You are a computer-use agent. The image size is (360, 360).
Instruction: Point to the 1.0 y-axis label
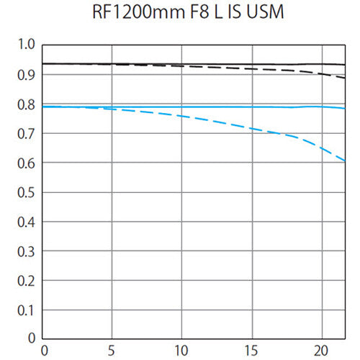27,45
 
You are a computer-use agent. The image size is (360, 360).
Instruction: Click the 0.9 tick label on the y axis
27,75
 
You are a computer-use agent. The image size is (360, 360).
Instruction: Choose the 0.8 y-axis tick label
27,104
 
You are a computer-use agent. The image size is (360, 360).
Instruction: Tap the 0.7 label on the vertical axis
27,134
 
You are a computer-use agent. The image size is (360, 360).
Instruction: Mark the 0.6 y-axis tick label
27,163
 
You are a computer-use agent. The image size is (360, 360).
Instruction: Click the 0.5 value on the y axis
27,192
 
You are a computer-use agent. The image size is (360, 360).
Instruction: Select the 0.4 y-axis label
27,222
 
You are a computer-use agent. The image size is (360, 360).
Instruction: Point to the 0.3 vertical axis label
27,251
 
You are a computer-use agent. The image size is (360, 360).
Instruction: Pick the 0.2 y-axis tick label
27,281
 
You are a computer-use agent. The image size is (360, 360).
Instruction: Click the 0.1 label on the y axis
27,310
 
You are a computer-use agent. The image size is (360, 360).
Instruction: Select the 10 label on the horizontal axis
181,350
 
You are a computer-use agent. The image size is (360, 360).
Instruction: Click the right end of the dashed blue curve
345,161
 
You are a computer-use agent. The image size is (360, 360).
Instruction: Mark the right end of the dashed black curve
345,77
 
